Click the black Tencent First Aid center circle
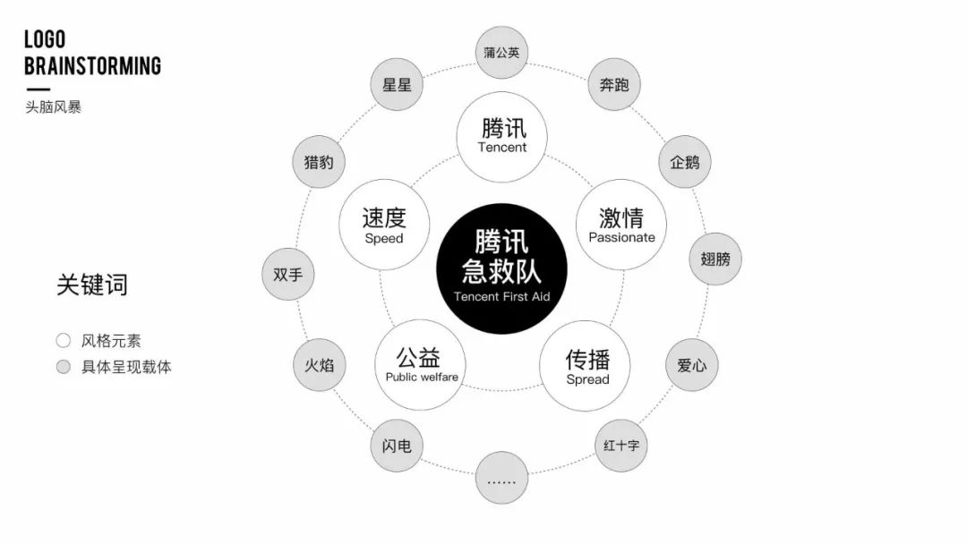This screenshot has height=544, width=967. pos(501,268)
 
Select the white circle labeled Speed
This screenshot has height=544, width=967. pos(384,225)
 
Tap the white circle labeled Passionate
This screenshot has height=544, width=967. pos(621,225)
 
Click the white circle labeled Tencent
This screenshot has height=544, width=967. pos(502,136)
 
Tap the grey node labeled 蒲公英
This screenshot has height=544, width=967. pos(501,53)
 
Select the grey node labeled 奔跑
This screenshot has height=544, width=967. pos(614,85)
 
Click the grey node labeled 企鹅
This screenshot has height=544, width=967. pos(685,163)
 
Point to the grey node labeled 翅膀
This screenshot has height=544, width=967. pos(715,259)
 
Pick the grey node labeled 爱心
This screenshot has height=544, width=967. pos(691,365)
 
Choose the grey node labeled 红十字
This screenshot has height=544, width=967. pos(620,445)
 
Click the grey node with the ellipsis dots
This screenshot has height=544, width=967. pos(501,479)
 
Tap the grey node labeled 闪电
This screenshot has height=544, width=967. pos(397,445)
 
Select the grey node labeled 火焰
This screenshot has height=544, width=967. pos(320,365)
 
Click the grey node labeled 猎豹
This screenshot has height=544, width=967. pos(318,163)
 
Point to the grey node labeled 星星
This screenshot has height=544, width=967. pos(397,85)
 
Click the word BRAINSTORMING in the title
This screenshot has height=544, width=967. pos(92,65)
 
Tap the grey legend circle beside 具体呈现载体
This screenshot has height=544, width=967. pos(64,367)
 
